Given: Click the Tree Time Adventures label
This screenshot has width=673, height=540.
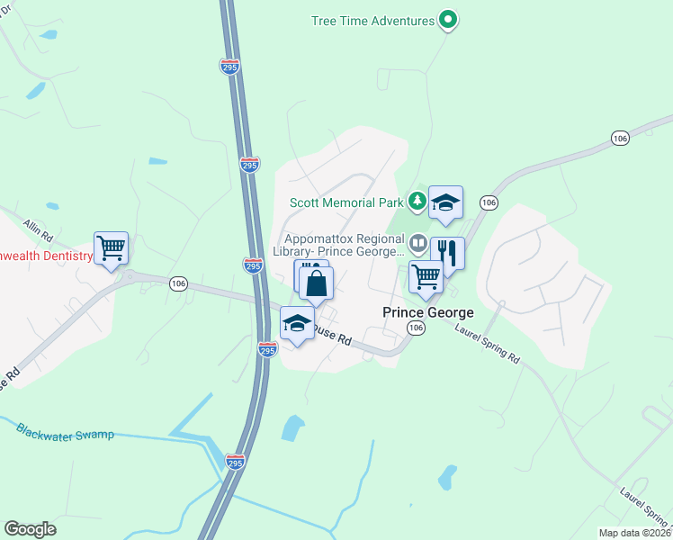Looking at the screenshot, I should pos(372,20).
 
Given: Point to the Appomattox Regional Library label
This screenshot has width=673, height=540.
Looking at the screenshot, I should pos(342,246).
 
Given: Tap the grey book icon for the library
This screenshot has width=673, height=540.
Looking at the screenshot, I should pos(418,243).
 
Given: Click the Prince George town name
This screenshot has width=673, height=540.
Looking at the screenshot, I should pos(428,312).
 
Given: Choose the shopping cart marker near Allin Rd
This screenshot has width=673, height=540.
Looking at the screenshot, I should pos(111,247).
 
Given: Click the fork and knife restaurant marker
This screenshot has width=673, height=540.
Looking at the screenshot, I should pos(447,254).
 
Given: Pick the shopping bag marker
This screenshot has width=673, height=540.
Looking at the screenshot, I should pos(317,283).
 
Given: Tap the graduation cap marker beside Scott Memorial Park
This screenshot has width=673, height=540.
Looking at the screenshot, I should pos(444,202).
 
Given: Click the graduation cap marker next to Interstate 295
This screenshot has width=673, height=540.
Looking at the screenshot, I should pos(297,324).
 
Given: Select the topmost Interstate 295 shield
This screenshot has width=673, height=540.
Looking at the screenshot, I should pos(229,66).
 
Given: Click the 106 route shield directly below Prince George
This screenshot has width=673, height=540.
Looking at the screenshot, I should pos(415,329).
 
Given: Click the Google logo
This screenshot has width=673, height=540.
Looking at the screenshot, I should pos(30,529).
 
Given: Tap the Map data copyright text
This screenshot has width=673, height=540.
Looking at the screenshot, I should pos(634,533).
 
